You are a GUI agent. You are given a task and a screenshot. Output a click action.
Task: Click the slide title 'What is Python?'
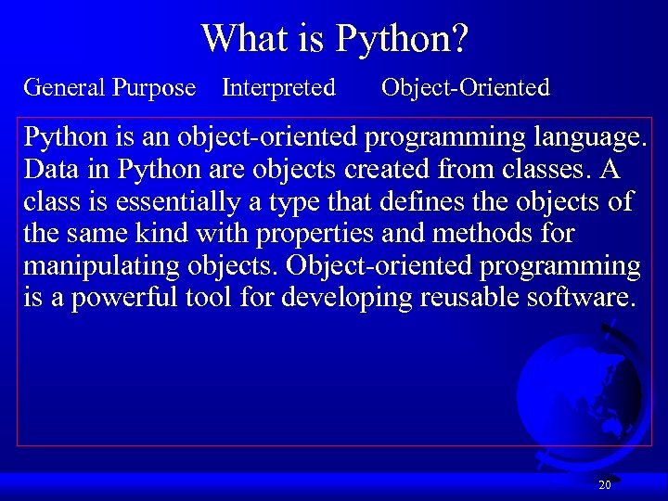(x=335, y=39)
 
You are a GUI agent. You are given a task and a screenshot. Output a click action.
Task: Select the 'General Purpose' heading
(x=109, y=88)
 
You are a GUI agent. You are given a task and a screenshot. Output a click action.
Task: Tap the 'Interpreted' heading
(x=278, y=88)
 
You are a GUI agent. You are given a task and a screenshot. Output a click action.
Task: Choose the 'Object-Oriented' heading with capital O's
(x=465, y=88)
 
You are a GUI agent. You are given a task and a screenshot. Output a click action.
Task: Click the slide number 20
(x=604, y=485)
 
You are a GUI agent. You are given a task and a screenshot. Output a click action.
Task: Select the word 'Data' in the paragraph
(x=50, y=171)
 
